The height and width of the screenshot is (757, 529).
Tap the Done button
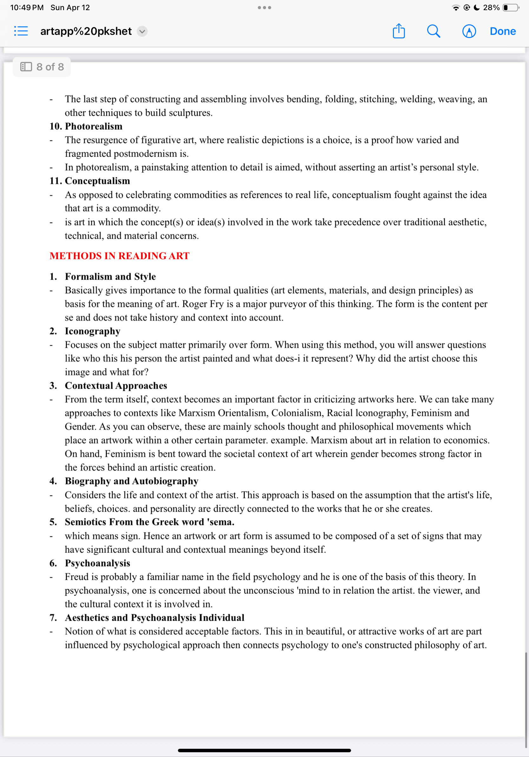point(502,31)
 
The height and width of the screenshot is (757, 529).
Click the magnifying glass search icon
point(433,31)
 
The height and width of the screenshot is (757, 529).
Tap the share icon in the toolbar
point(399,31)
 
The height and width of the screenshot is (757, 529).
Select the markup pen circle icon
point(469,31)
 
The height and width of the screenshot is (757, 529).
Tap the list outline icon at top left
point(21,31)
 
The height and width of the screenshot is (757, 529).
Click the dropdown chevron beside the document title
point(142,31)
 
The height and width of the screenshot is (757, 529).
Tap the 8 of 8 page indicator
point(42,67)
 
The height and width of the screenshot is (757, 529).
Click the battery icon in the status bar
point(510,8)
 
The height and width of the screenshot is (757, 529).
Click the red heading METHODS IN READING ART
point(119,256)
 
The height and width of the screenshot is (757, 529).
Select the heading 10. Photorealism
point(86,126)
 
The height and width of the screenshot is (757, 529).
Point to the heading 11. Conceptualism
point(90,181)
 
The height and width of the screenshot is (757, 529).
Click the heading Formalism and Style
point(110,276)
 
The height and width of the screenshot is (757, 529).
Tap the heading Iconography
point(92,331)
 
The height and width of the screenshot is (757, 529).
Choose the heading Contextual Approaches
point(116,385)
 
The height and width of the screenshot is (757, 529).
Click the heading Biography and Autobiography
point(131,481)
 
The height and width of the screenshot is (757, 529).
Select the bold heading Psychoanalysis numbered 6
point(97,563)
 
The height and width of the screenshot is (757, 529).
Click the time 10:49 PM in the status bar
point(27,8)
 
